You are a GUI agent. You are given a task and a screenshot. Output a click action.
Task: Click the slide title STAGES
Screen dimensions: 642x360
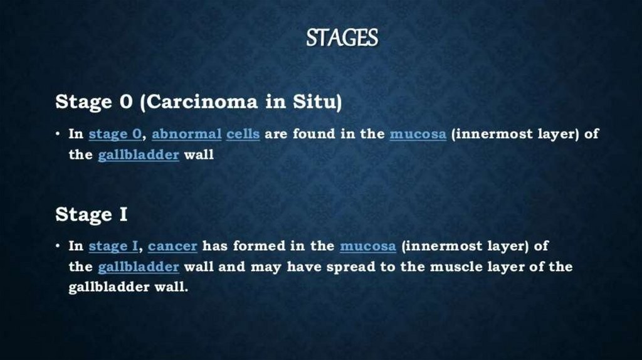[342, 38]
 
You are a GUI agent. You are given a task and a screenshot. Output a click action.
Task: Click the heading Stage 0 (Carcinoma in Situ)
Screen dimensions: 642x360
[199, 102]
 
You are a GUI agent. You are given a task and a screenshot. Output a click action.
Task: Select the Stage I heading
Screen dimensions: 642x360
[92, 214]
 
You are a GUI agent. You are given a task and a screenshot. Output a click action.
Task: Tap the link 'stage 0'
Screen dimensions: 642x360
[115, 134]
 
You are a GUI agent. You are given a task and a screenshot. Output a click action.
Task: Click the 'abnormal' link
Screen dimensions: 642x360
[187, 134]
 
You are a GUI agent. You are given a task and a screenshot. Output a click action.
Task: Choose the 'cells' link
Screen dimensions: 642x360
[243, 134]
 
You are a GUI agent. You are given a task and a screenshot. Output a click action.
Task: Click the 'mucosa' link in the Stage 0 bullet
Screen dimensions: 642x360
[418, 134]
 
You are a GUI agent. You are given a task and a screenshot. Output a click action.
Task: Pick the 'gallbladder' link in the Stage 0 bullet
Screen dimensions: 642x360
[139, 155]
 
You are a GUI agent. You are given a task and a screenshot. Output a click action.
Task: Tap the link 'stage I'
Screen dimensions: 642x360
[113, 246]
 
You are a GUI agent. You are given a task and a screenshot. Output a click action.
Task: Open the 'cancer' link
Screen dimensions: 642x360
[172, 246]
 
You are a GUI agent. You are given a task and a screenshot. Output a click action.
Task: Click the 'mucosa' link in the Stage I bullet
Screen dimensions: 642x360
[367, 246]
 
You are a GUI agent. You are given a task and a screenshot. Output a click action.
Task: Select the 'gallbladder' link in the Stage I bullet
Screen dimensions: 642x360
[139, 267]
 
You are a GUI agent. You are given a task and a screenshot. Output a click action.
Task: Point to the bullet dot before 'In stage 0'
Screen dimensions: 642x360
[58, 134]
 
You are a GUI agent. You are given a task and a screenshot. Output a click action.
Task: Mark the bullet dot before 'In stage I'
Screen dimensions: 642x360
[58, 246]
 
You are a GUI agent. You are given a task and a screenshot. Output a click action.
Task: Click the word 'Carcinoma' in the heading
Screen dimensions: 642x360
[202, 102]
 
